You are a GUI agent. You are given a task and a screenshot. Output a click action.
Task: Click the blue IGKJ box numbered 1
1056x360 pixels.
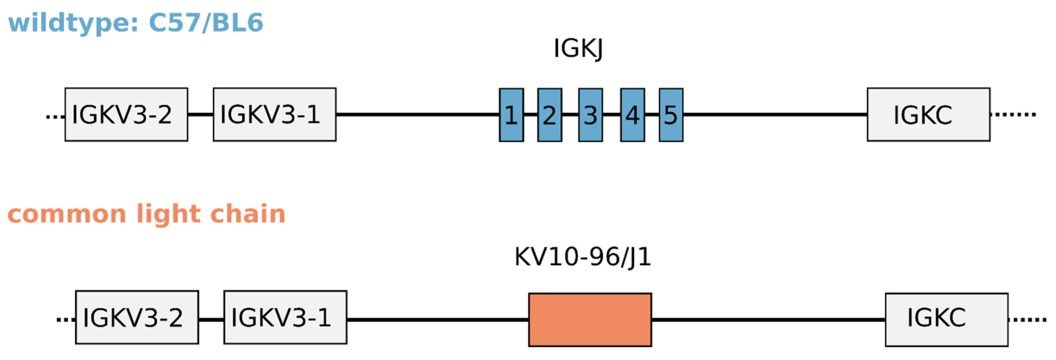pyautogui.click(x=511, y=115)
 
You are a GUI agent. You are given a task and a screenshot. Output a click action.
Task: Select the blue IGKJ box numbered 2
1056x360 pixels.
pyautogui.click(x=549, y=115)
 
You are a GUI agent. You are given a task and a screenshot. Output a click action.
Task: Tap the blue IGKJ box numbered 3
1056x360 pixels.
pyautogui.click(x=590, y=115)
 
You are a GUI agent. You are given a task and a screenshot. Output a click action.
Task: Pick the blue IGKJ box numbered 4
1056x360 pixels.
pyautogui.click(x=632, y=115)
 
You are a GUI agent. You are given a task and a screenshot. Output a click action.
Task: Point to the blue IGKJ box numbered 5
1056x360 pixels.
pyautogui.click(x=671, y=115)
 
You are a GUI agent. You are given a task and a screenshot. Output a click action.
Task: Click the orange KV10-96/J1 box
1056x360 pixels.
pyautogui.click(x=589, y=319)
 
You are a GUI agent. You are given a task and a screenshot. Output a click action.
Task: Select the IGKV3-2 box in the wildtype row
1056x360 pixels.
pyautogui.click(x=126, y=115)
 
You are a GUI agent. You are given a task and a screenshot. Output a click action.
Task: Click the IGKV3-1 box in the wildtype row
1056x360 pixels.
pyautogui.click(x=274, y=115)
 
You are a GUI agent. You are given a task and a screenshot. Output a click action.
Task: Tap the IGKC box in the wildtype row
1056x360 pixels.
pyautogui.click(x=928, y=115)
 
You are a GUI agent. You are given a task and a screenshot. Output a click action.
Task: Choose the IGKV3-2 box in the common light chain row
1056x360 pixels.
pyautogui.click(x=137, y=317)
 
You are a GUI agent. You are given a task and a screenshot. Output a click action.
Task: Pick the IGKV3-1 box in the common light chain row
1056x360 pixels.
pyautogui.click(x=285, y=317)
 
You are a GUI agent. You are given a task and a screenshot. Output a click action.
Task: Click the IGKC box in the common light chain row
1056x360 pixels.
pyautogui.click(x=946, y=319)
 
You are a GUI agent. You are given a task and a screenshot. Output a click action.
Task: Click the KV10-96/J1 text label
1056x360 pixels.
pyautogui.click(x=582, y=257)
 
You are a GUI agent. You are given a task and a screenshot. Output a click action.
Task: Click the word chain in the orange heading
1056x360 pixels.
pyautogui.click(x=248, y=214)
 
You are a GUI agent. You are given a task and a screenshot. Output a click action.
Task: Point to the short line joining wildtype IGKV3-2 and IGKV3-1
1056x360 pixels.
pyautogui.click(x=200, y=115)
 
